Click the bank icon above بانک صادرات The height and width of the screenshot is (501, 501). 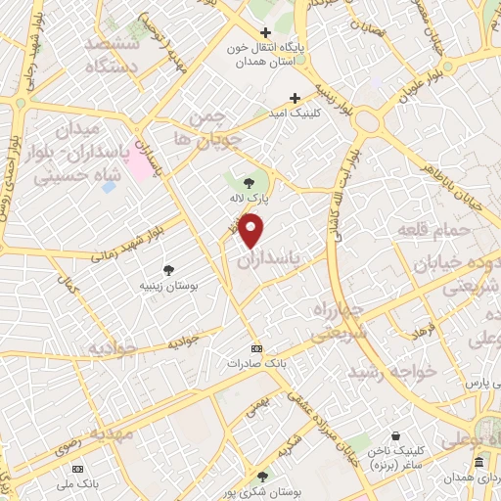coord(256,348)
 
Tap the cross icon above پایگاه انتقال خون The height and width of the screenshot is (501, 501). coord(265,32)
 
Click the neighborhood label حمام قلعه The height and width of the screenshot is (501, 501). coord(434,230)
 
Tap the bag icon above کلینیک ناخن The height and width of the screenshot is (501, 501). coord(394,435)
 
